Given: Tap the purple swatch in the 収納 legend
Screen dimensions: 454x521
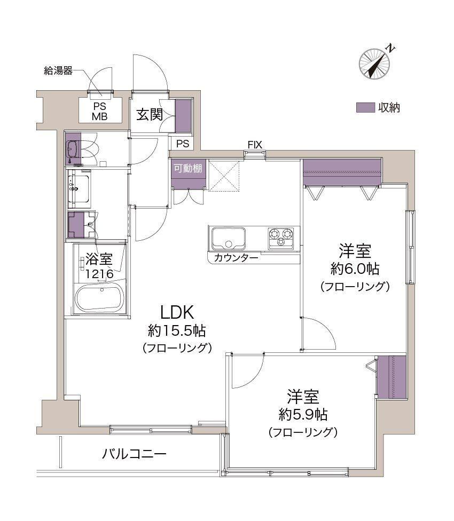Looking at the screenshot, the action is (365, 107).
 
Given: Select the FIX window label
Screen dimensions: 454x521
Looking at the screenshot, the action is (255, 145).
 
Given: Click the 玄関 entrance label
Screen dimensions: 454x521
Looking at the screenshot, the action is (150, 115).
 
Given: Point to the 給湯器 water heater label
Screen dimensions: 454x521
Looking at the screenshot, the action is (58, 70).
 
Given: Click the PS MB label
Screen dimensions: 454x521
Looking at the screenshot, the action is (100, 112).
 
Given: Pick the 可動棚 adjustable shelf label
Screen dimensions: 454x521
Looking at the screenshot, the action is (188, 169).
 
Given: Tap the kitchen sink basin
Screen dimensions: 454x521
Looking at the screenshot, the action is (229, 239).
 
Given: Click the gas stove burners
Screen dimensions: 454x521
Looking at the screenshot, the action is (281, 238).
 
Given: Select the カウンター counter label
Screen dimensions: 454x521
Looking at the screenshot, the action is (236, 258).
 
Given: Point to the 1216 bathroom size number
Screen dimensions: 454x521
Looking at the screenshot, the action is (100, 274).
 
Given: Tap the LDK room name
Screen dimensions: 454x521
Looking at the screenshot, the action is (177, 313).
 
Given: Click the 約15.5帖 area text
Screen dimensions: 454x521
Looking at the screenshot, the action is (177, 330).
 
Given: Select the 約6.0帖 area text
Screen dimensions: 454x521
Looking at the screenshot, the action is (355, 269).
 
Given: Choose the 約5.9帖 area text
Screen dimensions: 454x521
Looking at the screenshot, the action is (303, 414).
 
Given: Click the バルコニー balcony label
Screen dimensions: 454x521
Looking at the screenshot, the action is (134, 454).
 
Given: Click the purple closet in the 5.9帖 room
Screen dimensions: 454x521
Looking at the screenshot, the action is (392, 377).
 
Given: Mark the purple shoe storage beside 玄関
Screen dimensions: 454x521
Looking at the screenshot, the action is (183, 116).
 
